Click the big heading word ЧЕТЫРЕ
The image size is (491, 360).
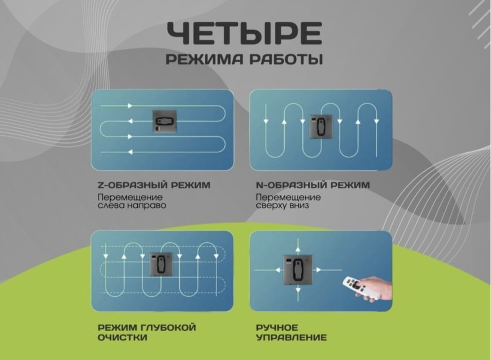click(x=245, y=33)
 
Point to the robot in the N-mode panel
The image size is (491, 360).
click(x=321, y=126)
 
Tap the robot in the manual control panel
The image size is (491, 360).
click(x=297, y=268)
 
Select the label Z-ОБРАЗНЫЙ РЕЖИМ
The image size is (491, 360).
click(x=153, y=185)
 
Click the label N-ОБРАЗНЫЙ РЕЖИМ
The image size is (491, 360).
click(x=312, y=185)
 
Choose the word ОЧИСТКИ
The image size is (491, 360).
click(x=122, y=338)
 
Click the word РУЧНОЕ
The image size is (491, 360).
click(x=277, y=328)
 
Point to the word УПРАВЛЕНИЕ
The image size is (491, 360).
click(x=291, y=338)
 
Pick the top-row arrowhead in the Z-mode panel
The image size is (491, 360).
click(x=130, y=106)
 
